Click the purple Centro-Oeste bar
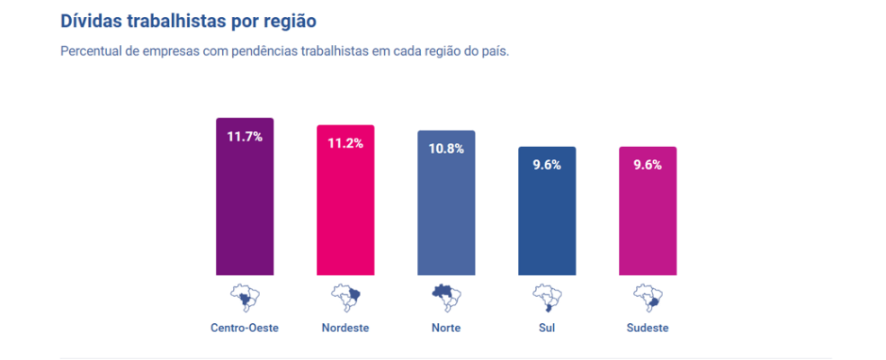click(x=245, y=207)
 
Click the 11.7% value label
click(x=245, y=137)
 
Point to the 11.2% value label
click(x=345, y=143)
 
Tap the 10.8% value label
click(x=446, y=148)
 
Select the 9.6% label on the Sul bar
click(x=547, y=165)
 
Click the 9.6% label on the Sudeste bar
click(x=648, y=165)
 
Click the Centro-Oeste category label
click(x=245, y=328)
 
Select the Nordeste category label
click(x=345, y=328)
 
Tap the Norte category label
click(x=446, y=328)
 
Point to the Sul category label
click(x=547, y=328)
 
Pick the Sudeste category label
click(x=648, y=328)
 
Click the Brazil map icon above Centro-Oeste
click(x=245, y=297)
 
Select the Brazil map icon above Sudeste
click(x=648, y=297)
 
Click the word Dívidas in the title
click(x=91, y=20)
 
